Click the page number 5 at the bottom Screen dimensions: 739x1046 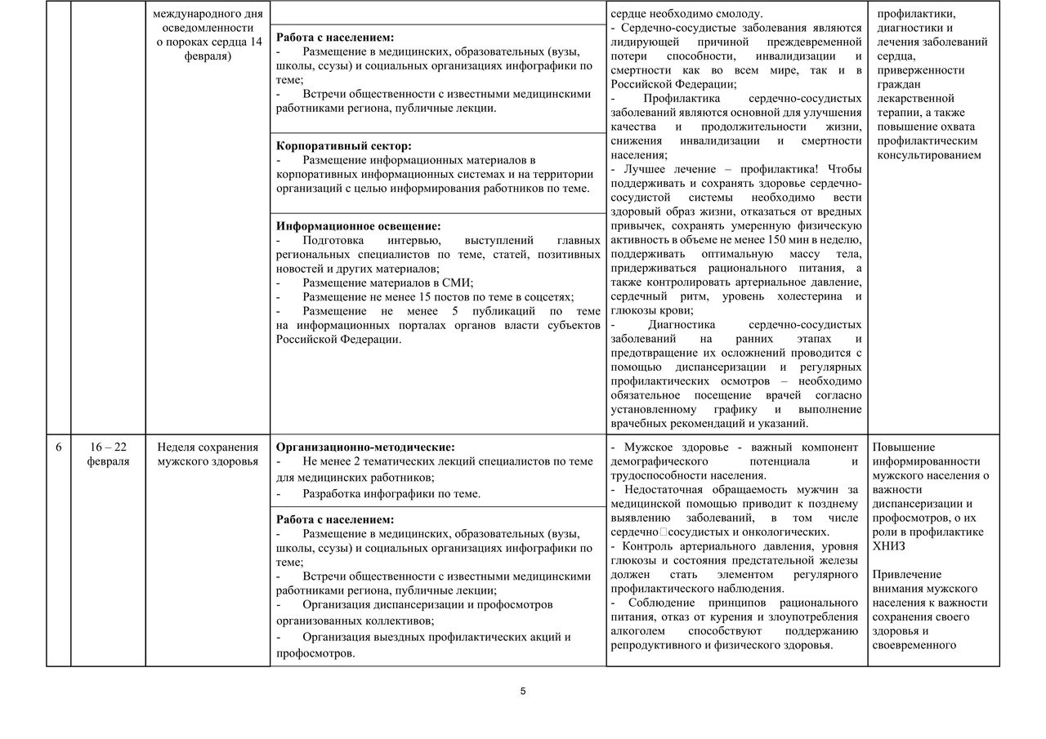tap(523, 692)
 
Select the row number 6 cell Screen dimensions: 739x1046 tap(58, 447)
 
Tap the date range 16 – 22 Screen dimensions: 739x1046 tap(108, 447)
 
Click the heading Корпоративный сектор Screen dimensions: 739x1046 tap(343, 145)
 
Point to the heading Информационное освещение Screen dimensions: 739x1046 tap(359, 226)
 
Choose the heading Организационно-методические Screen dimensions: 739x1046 tap(365, 447)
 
